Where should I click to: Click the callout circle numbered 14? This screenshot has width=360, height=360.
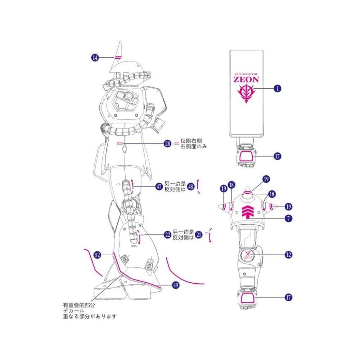[95, 57]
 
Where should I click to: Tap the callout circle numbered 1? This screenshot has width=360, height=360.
[277, 88]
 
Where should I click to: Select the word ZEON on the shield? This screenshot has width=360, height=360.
[247, 79]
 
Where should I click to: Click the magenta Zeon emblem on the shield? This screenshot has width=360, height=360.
[247, 94]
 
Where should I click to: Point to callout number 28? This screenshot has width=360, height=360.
[167, 144]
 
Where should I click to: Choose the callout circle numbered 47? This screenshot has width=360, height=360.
[159, 186]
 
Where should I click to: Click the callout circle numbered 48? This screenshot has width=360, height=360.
[191, 186]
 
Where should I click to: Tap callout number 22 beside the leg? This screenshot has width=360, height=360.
[167, 234]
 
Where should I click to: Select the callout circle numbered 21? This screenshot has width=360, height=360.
[199, 234]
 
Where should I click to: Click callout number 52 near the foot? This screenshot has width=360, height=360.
[97, 255]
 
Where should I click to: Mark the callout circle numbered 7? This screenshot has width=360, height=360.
[288, 218]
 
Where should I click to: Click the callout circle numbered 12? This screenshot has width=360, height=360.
[288, 255]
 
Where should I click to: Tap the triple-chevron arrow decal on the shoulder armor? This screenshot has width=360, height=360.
[247, 212]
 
